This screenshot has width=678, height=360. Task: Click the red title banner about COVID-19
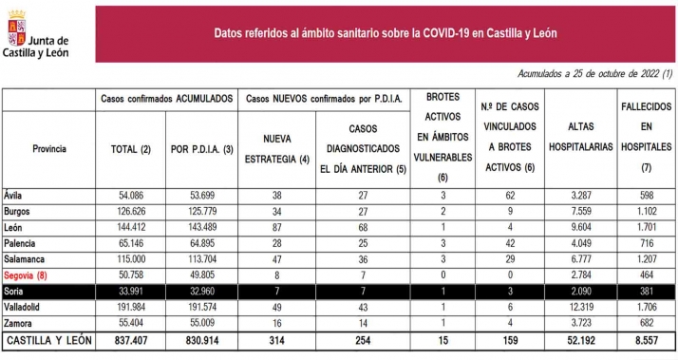click(385, 33)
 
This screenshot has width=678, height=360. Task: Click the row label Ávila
click(14, 194)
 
